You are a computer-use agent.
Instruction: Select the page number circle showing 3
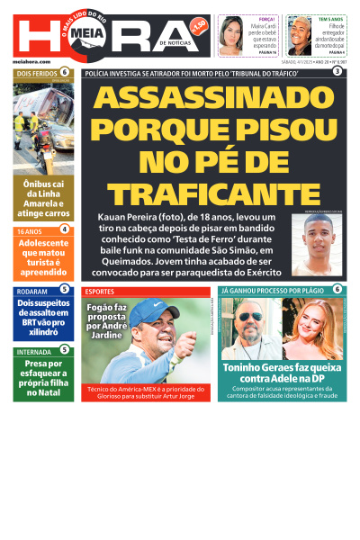337,71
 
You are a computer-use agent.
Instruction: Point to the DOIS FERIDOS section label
36,72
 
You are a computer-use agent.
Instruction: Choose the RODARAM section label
32,290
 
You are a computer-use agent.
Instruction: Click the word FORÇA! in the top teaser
266,18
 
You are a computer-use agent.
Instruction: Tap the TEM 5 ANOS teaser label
329,18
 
